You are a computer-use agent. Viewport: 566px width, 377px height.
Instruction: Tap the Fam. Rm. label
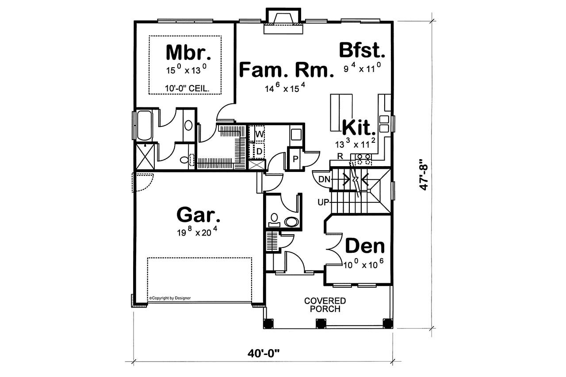click(286, 70)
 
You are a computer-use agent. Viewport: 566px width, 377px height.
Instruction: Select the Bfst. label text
click(362, 50)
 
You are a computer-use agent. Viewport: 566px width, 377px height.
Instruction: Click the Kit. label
click(359, 128)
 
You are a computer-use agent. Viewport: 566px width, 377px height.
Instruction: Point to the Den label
click(365, 246)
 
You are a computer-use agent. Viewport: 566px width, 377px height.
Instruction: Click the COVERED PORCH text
click(325, 305)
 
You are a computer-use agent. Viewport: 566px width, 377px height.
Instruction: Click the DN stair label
click(324, 179)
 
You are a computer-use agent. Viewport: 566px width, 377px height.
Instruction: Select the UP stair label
click(323, 202)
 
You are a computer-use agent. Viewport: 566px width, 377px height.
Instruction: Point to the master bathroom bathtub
click(144, 126)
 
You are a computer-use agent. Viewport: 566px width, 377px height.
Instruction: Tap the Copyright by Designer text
click(170, 298)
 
